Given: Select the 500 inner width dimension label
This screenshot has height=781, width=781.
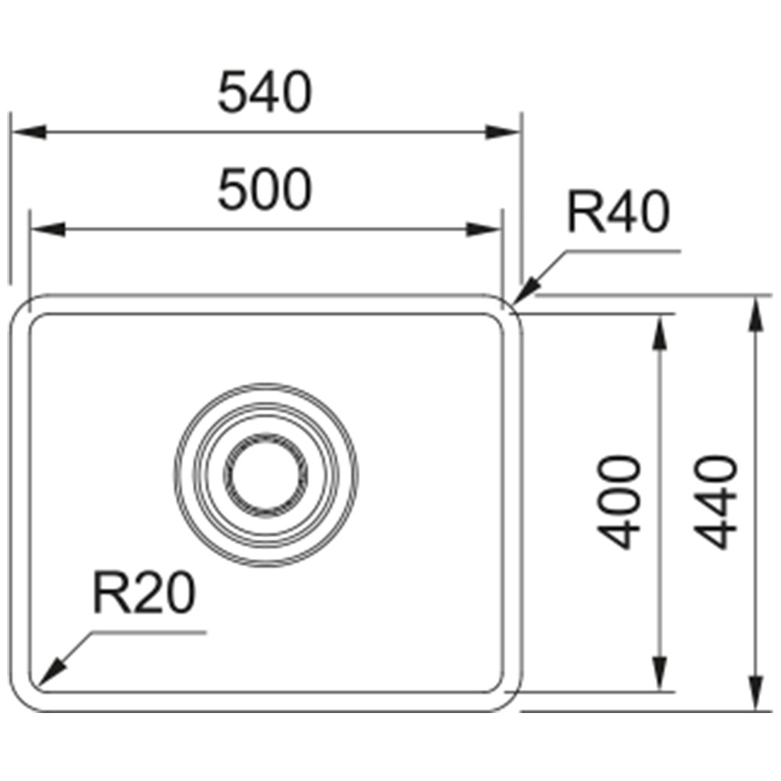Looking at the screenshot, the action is pos(265,189).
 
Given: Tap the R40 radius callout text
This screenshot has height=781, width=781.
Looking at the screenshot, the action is pos(618,212).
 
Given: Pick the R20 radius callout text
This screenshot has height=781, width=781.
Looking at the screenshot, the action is pos(144,593).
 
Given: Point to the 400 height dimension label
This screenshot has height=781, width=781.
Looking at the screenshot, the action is pos(619,501).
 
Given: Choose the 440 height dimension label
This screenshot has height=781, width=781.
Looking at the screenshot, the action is pos(715,501).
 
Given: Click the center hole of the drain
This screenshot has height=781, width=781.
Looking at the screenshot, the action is pos(266,475).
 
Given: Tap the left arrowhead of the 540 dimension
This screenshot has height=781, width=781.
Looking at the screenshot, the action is pos(29,133).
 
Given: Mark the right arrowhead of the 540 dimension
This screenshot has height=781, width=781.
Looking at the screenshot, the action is pos(503,133).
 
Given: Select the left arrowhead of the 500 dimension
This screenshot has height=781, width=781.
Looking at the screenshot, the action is pos(48,230).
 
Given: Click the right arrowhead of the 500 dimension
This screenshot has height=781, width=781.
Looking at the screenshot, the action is pos(483,230).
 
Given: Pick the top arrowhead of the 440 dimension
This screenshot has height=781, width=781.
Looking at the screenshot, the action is pos(756,313).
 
